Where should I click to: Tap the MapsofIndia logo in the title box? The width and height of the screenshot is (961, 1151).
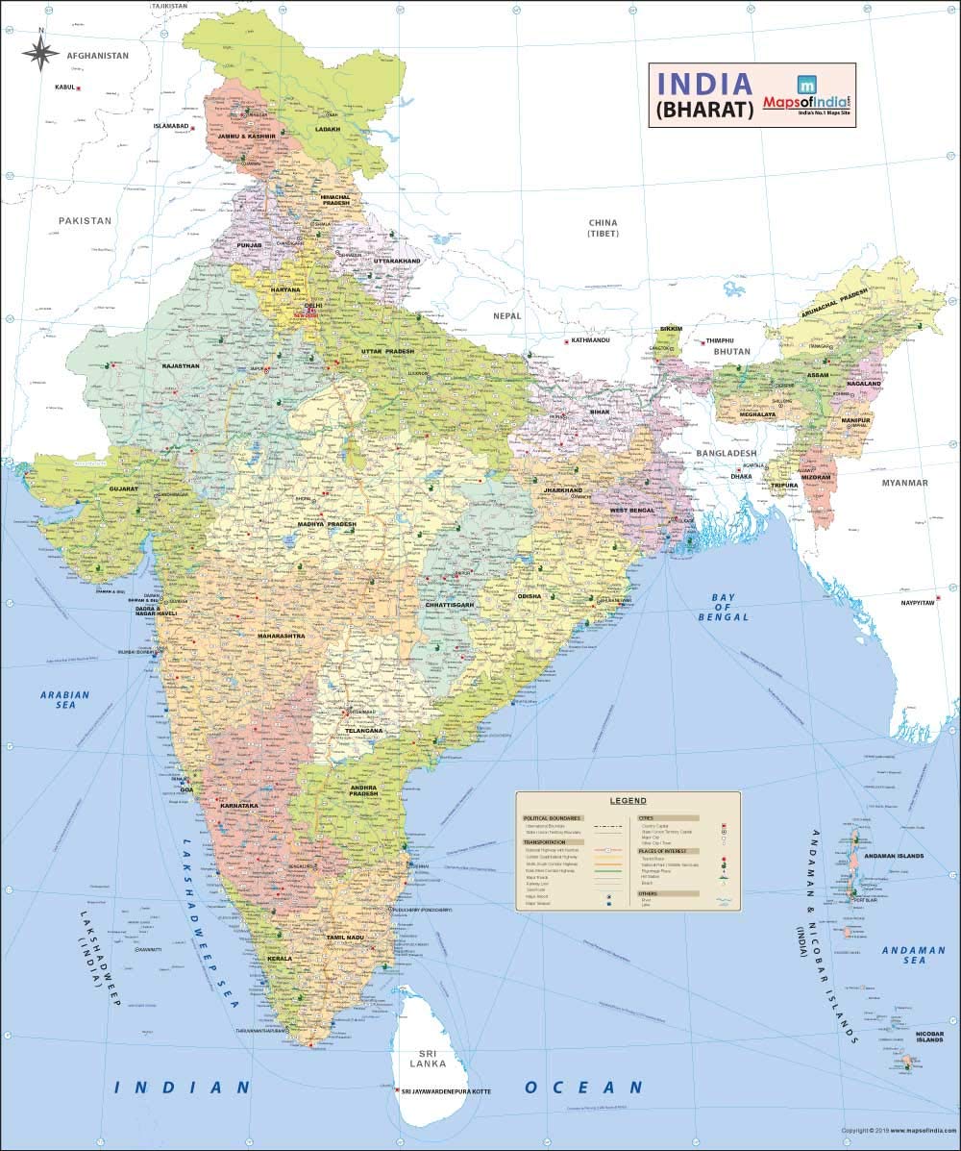tap(806, 95)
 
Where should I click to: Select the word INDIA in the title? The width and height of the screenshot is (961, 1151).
tap(705, 82)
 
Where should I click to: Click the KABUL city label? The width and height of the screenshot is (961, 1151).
tap(64, 88)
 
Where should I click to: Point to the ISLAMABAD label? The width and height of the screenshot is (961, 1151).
tap(171, 126)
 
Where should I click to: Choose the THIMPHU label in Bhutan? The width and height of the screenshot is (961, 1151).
tap(720, 341)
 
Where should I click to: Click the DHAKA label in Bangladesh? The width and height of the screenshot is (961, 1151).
tap(741, 476)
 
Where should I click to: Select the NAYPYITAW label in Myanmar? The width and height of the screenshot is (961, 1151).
tap(918, 603)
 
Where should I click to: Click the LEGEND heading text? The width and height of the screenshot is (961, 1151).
tap(628, 800)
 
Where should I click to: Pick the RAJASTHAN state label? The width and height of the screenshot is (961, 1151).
tap(181, 365)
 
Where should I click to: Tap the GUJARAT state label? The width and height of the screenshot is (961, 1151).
tap(123, 488)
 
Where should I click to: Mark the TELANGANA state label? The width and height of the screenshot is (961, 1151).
tap(364, 731)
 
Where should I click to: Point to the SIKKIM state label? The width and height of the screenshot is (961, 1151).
tap(670, 328)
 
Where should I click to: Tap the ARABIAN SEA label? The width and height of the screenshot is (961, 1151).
tap(64, 699)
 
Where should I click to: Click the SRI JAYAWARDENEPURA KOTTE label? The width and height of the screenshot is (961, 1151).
tap(447, 1090)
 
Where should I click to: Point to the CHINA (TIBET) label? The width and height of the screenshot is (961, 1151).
tap(604, 228)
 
